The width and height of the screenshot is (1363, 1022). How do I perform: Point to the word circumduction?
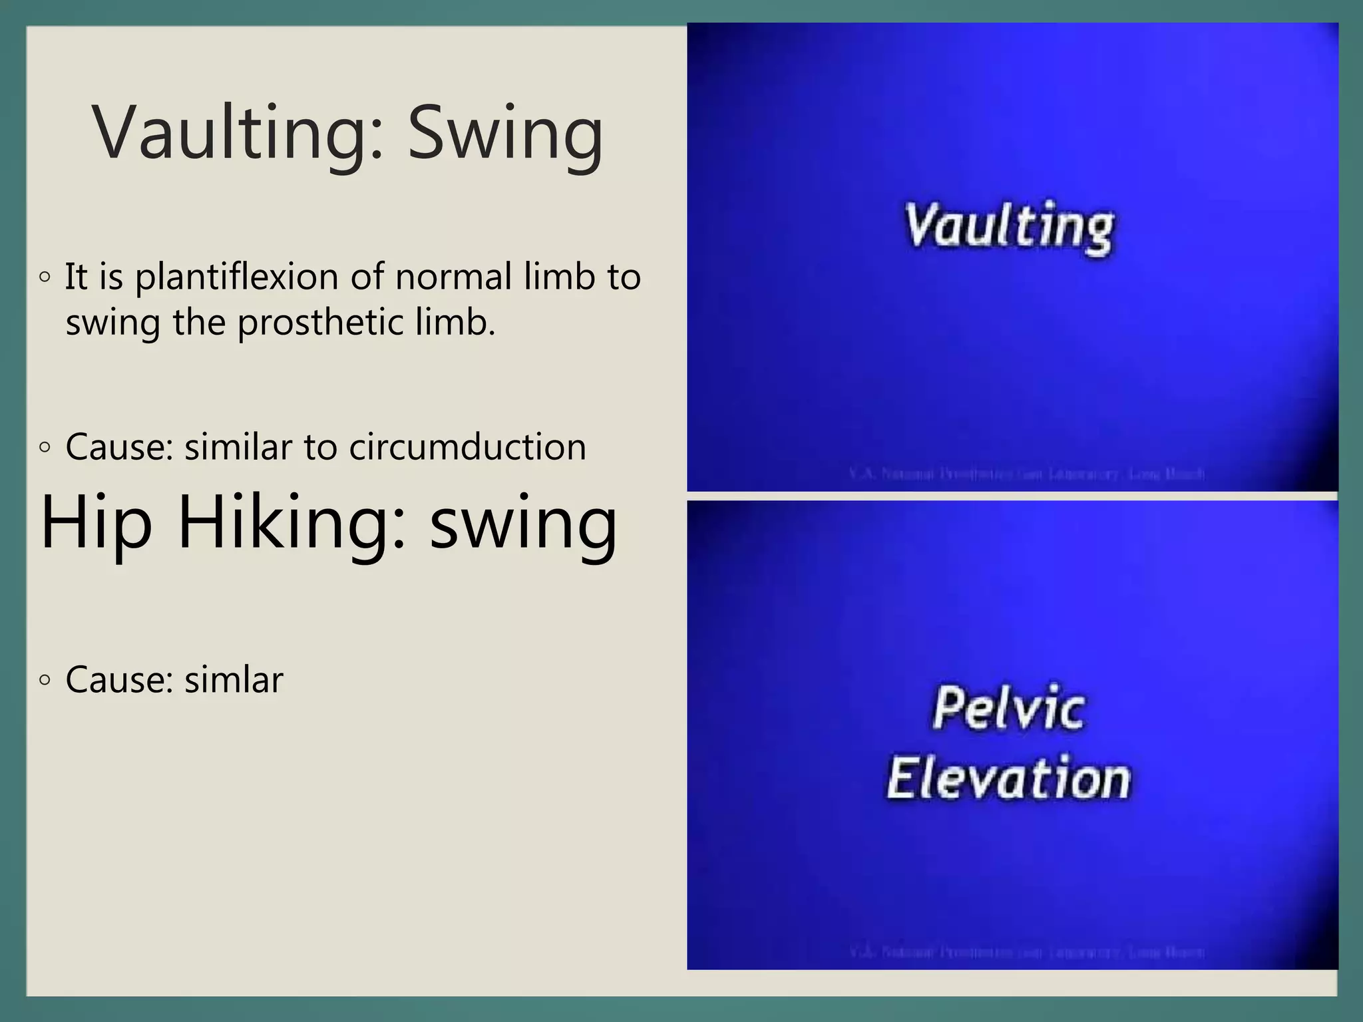point(467,446)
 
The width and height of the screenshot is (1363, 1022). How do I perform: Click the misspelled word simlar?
point(234,679)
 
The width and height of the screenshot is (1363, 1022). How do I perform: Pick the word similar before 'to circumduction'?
point(238,446)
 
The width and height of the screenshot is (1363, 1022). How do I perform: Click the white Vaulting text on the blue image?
point(1009,227)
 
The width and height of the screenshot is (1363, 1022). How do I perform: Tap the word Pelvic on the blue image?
point(1009,709)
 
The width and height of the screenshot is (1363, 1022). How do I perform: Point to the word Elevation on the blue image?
point(1009,778)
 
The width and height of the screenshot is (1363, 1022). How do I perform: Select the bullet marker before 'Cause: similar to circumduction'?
point(45,447)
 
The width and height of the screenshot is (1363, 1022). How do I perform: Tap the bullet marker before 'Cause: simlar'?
point(45,680)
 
